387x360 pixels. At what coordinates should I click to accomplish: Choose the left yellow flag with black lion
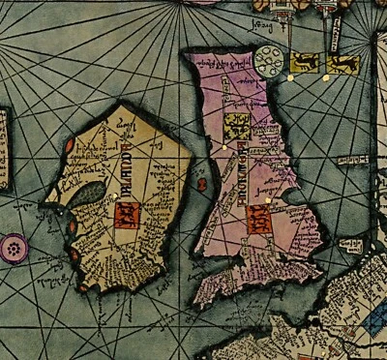tap(306, 64)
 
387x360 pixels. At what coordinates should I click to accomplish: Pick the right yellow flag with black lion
tap(343, 64)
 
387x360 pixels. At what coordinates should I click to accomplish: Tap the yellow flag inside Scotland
tap(235, 126)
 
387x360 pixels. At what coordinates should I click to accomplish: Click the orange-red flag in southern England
tap(259, 218)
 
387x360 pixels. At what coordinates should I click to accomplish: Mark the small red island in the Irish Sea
tap(202, 181)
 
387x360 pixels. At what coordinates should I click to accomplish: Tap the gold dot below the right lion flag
tap(326, 78)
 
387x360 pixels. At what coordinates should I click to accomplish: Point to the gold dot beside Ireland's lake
tap(113, 196)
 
